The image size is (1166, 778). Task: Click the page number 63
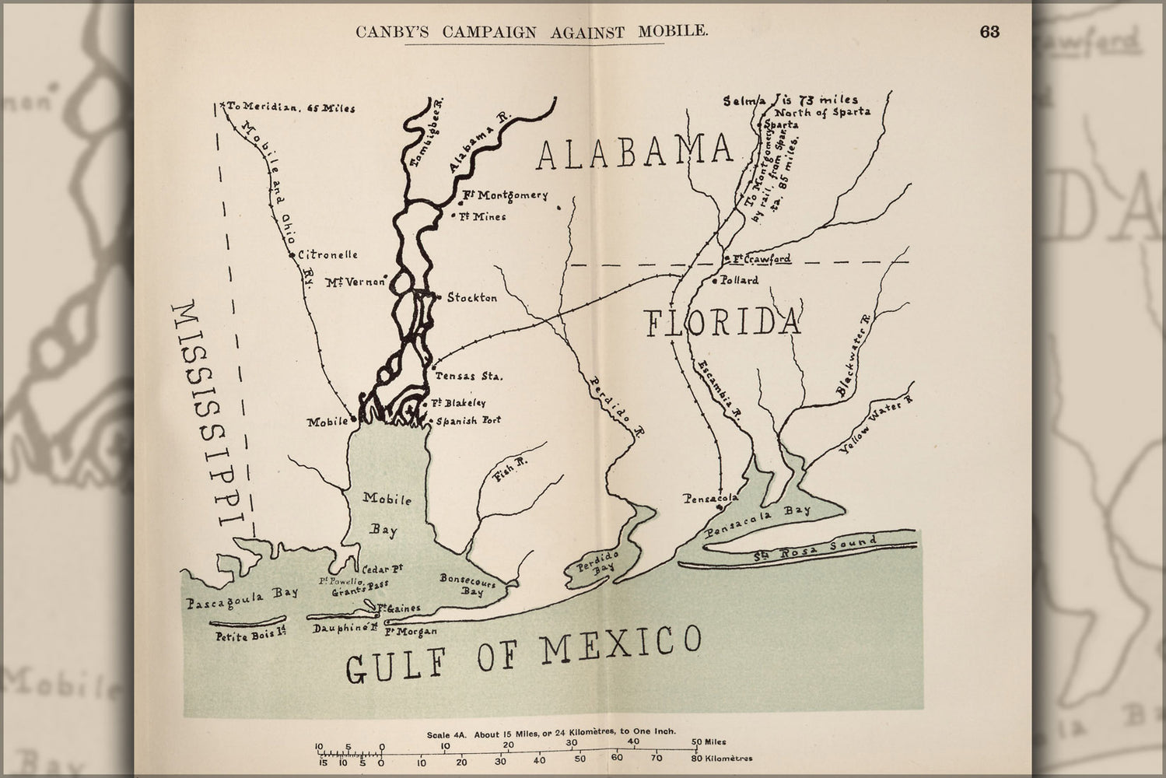click(x=989, y=32)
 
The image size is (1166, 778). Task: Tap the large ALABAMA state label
click(x=636, y=152)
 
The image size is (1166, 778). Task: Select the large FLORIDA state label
click(x=723, y=323)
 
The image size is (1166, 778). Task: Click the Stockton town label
click(x=471, y=298)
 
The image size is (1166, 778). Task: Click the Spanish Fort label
click(x=468, y=420)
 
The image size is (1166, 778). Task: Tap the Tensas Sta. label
click(x=468, y=376)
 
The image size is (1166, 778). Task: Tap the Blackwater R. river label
click(x=855, y=358)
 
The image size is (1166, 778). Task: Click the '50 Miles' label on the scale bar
click(x=708, y=742)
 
